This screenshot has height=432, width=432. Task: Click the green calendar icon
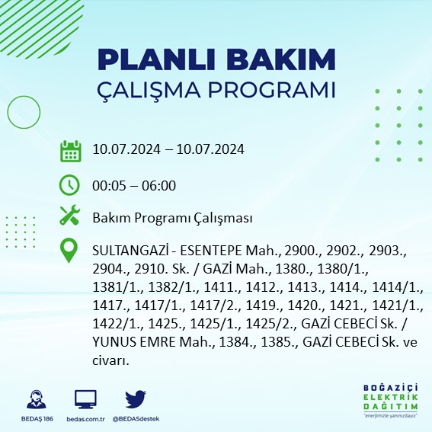[x=70, y=150]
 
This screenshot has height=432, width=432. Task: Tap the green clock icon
[x=70, y=184]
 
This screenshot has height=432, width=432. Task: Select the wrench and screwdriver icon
[x=70, y=217]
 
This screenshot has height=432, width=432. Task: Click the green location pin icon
[x=70, y=251]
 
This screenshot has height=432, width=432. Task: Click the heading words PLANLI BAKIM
[x=216, y=59]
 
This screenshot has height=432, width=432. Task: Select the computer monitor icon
[x=85, y=400]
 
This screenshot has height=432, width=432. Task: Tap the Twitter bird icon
[x=136, y=400]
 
